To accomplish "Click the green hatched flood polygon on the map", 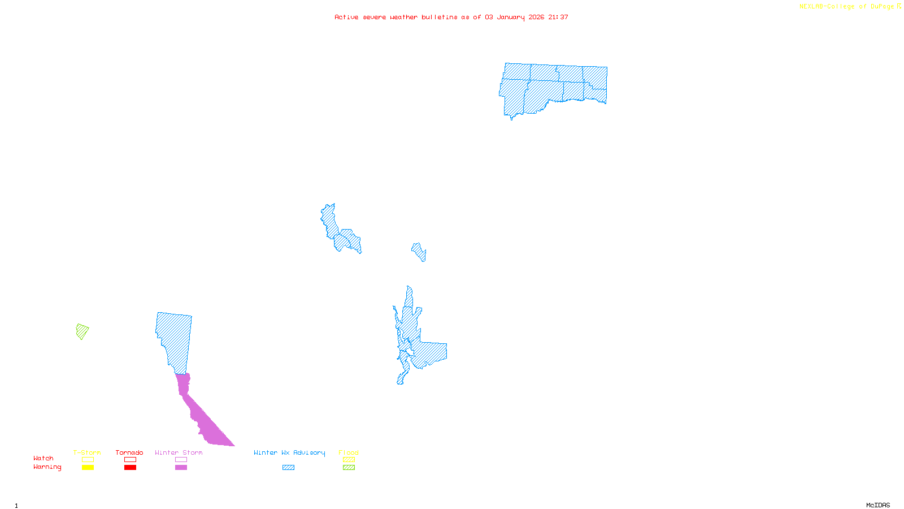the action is [x=82, y=331].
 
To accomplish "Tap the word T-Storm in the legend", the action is [x=87, y=452].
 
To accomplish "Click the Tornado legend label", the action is [x=129, y=452].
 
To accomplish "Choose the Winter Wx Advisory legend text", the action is [x=289, y=452].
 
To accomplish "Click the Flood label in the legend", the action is [x=349, y=452].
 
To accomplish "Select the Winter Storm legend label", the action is [x=179, y=452].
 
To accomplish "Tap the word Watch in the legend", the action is [x=44, y=458].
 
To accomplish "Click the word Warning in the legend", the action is [x=47, y=467].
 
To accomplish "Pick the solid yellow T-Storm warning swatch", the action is [x=88, y=468].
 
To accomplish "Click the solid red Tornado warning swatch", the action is [x=130, y=468].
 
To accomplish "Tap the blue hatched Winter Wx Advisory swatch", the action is [x=288, y=468].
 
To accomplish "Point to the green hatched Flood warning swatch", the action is [x=349, y=468].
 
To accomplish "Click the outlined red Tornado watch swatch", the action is [x=130, y=460].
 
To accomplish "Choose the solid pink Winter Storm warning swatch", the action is [x=181, y=468].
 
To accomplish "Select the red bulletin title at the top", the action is [x=451, y=17].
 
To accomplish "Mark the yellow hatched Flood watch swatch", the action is [x=349, y=460].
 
